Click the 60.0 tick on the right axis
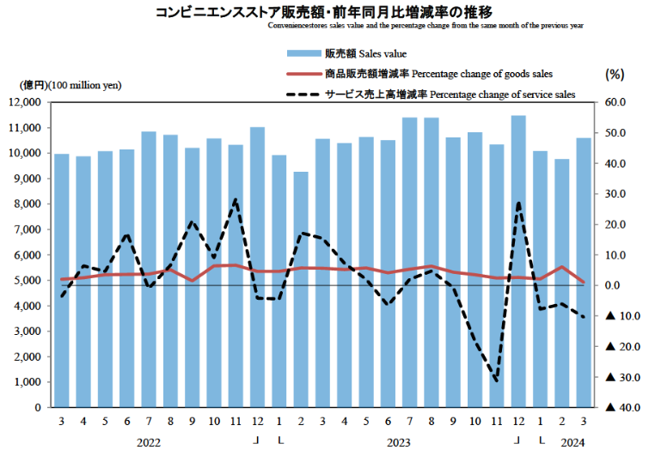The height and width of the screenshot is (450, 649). pos(616,102)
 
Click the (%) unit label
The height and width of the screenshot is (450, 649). pos(615,74)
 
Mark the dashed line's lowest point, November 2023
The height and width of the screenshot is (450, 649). pos(496,380)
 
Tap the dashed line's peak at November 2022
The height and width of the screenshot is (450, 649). pos(236,199)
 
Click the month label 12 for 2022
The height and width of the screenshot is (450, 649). pos(257,423)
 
